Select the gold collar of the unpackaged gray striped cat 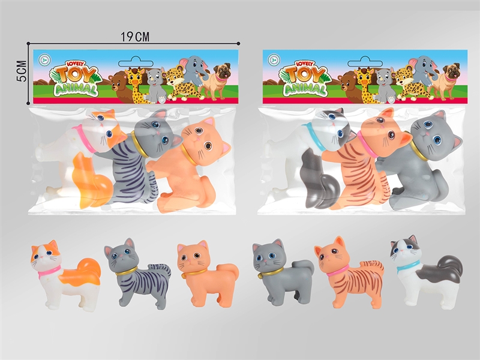[126, 272]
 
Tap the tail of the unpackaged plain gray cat [303, 271]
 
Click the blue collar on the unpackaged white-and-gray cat [409, 265]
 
